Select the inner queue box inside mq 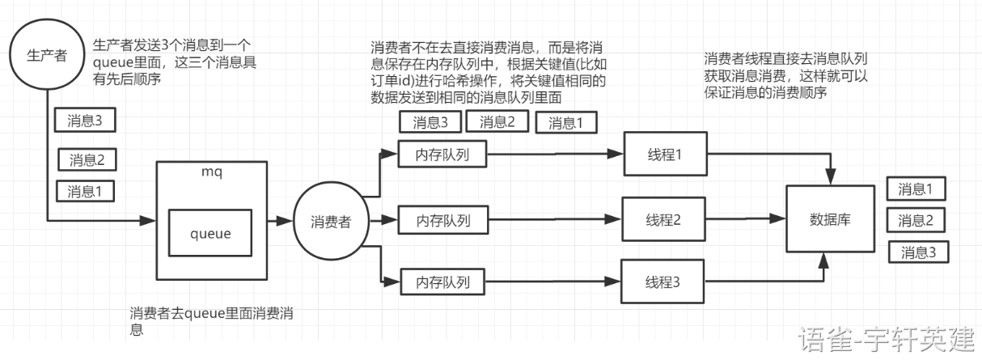pos(210,234)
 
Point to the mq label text pos(210,172)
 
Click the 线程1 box pos(664,154)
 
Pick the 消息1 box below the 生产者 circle pos(84,192)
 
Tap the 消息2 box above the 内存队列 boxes pos(503,122)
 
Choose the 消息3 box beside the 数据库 pos(921,252)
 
